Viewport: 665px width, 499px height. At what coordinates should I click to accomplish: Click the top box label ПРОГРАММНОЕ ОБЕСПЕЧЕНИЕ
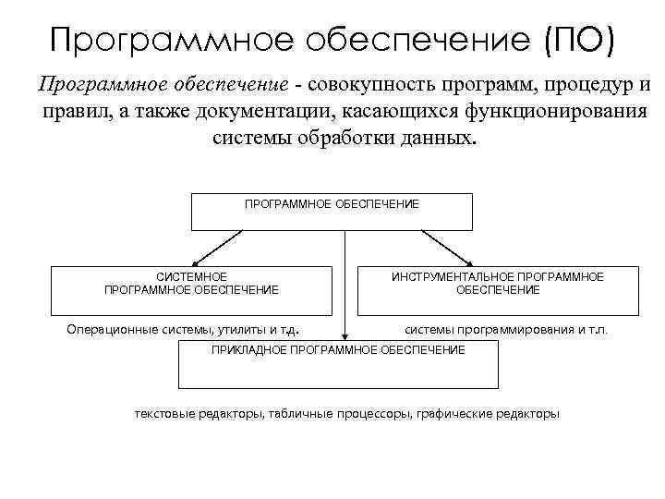coord(332,202)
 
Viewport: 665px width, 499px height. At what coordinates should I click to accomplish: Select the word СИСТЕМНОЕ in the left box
coord(192,276)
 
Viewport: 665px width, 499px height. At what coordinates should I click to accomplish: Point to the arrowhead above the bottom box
coord(345,336)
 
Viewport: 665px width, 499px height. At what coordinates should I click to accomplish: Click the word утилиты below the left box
coord(243,328)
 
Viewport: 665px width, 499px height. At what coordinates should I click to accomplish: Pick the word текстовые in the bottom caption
coord(162,413)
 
